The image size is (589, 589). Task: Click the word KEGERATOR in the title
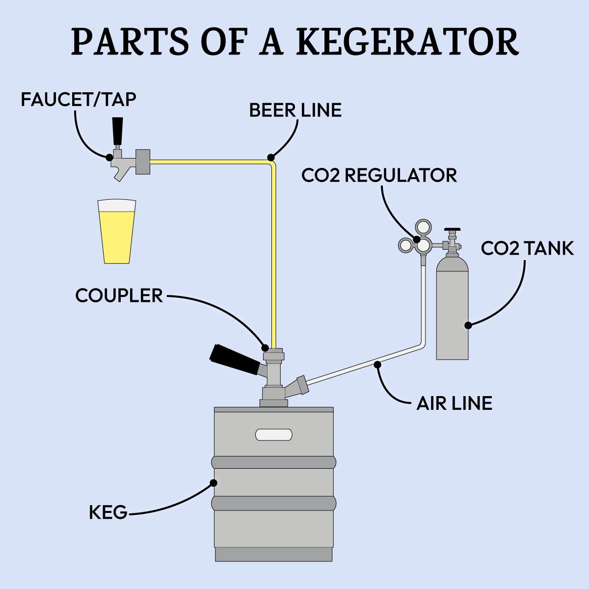click(x=407, y=42)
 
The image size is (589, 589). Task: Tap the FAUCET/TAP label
click(x=79, y=100)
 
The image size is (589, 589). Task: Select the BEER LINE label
click(x=295, y=110)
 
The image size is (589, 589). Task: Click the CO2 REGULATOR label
click(x=379, y=175)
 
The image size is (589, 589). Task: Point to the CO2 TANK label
click(x=527, y=248)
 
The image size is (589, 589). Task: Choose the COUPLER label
click(x=119, y=295)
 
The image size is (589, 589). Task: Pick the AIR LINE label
click(x=454, y=403)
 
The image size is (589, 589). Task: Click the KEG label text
click(x=108, y=513)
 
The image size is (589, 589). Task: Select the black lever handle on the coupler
click(x=235, y=359)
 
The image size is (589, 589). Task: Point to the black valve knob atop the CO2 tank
click(x=452, y=229)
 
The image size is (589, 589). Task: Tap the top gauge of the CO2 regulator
click(x=423, y=227)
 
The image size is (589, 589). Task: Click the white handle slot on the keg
click(x=274, y=434)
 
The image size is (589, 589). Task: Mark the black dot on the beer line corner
click(x=270, y=157)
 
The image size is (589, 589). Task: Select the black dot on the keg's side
click(x=214, y=482)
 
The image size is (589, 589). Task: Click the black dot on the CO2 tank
click(x=468, y=325)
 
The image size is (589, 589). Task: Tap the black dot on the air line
click(x=377, y=364)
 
